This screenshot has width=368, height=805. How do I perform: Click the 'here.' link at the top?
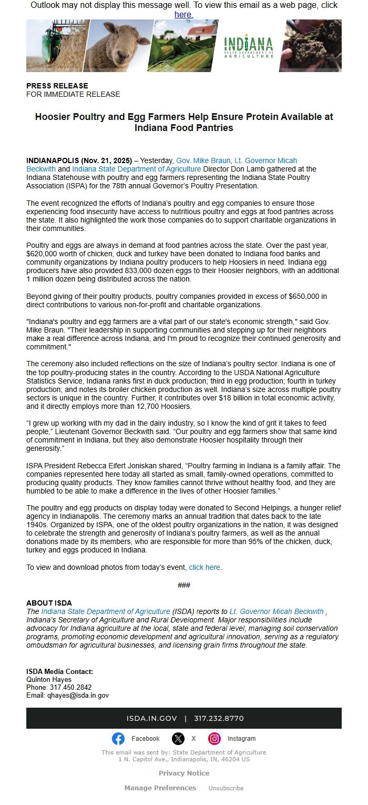pos(184,15)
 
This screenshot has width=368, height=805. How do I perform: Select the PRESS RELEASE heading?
pos(57,86)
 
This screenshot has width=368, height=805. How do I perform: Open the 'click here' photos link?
pos(205,567)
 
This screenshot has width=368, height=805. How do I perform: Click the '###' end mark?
pos(184,585)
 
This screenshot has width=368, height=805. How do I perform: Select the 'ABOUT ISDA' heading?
pos(49,603)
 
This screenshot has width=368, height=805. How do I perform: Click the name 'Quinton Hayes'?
pos(49,679)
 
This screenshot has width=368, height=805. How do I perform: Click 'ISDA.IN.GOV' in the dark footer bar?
pos(151,718)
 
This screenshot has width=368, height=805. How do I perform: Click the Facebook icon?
pos(118,739)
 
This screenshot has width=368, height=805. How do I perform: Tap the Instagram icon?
pos(214,739)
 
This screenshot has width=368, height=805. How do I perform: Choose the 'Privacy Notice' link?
pos(184,773)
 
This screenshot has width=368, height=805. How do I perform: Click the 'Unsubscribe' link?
pos(226,788)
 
